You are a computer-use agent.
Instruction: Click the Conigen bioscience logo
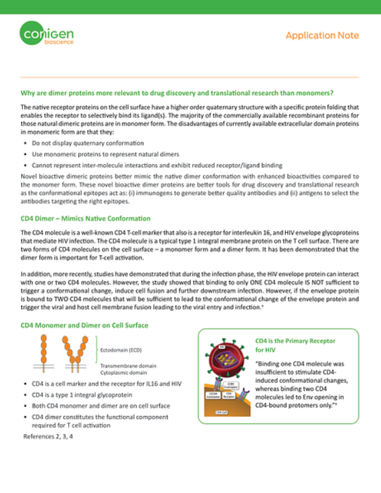(46, 34)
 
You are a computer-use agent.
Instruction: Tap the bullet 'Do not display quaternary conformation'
(87, 143)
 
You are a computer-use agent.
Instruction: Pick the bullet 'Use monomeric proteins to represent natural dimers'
(106, 154)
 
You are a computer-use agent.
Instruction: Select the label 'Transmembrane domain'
(128, 366)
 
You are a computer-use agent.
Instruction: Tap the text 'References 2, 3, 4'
(48, 437)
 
